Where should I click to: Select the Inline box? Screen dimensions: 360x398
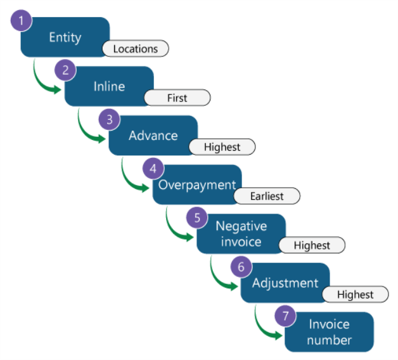click(x=108, y=86)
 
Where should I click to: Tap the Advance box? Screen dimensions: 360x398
click(x=153, y=135)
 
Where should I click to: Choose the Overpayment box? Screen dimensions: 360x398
click(x=196, y=184)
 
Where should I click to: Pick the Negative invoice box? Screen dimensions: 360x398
click(x=241, y=233)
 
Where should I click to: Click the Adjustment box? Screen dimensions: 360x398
click(x=285, y=283)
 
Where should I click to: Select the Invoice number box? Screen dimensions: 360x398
click(x=329, y=331)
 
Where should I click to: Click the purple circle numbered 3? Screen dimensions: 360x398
click(x=110, y=119)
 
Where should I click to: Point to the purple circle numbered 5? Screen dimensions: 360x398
click(x=198, y=217)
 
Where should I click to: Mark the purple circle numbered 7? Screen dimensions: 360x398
click(x=285, y=316)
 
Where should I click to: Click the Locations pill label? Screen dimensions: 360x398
click(x=136, y=48)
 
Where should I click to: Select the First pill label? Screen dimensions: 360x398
click(x=177, y=98)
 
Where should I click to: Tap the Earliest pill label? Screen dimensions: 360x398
click(x=266, y=196)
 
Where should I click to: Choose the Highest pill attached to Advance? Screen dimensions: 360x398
click(x=222, y=147)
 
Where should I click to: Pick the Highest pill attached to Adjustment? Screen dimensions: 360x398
click(x=355, y=295)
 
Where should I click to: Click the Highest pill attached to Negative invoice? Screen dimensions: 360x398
click(x=311, y=245)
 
